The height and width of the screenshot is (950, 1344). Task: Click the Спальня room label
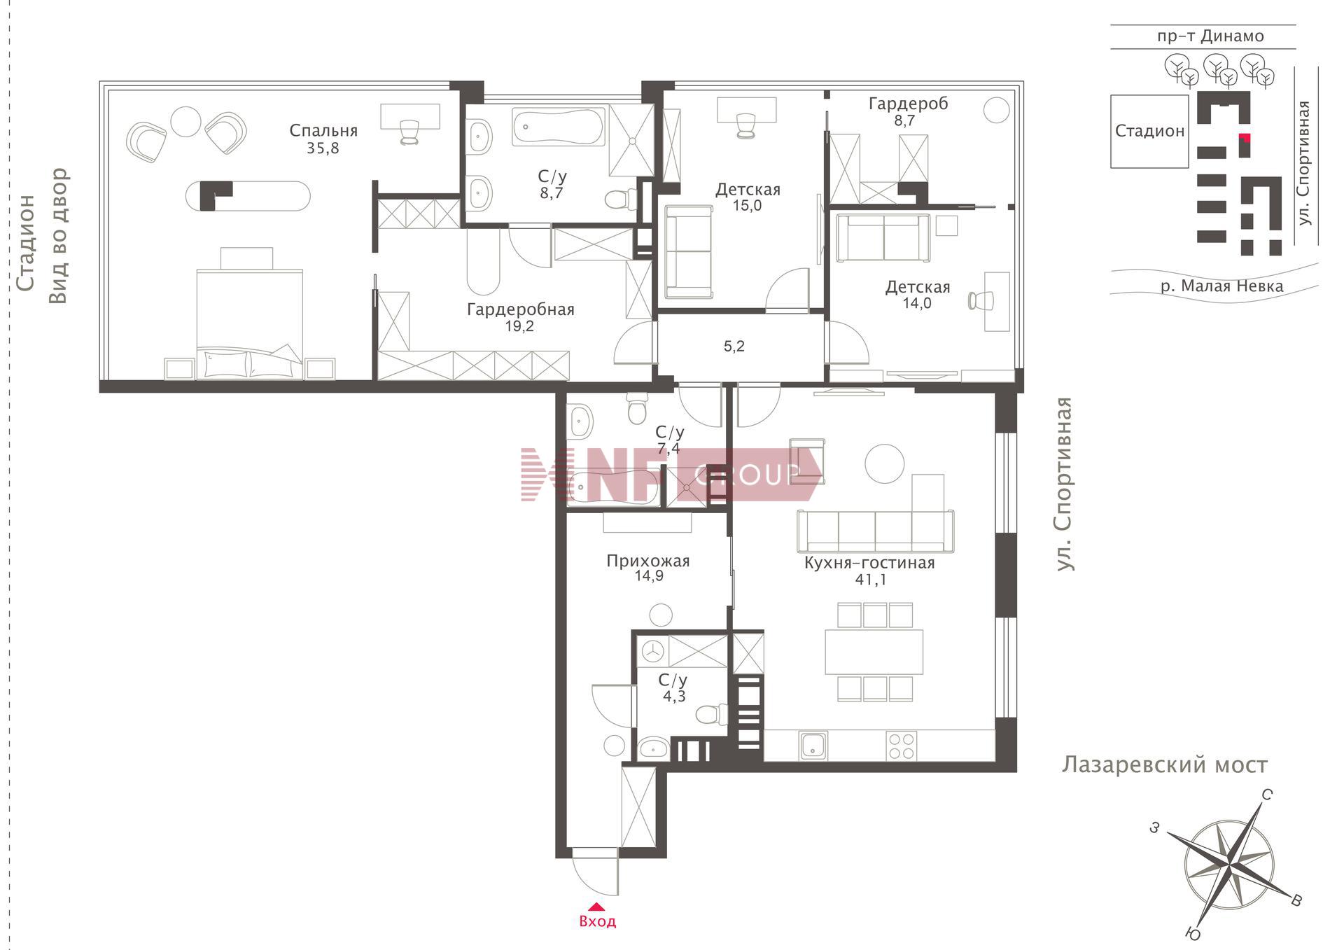[323, 131]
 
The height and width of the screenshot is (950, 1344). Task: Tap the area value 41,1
[870, 580]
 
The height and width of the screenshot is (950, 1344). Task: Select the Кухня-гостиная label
[869, 563]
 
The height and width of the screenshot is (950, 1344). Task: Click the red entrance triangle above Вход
[596, 906]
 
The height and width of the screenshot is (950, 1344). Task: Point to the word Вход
[598, 922]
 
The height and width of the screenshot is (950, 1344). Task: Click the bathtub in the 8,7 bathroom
[559, 127]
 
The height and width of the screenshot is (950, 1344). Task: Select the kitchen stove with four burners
[901, 746]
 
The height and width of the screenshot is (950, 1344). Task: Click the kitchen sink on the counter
[814, 746]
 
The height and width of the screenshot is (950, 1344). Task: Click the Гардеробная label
[520, 309]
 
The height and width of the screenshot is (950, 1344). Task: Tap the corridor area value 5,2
[734, 347]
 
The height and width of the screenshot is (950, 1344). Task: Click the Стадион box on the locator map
[1149, 132]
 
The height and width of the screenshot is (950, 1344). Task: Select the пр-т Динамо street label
[1210, 36]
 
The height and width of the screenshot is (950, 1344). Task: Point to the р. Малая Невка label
[1221, 286]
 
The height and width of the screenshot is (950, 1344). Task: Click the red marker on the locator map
[1245, 138]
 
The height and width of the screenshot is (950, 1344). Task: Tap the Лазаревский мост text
[1165, 765]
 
